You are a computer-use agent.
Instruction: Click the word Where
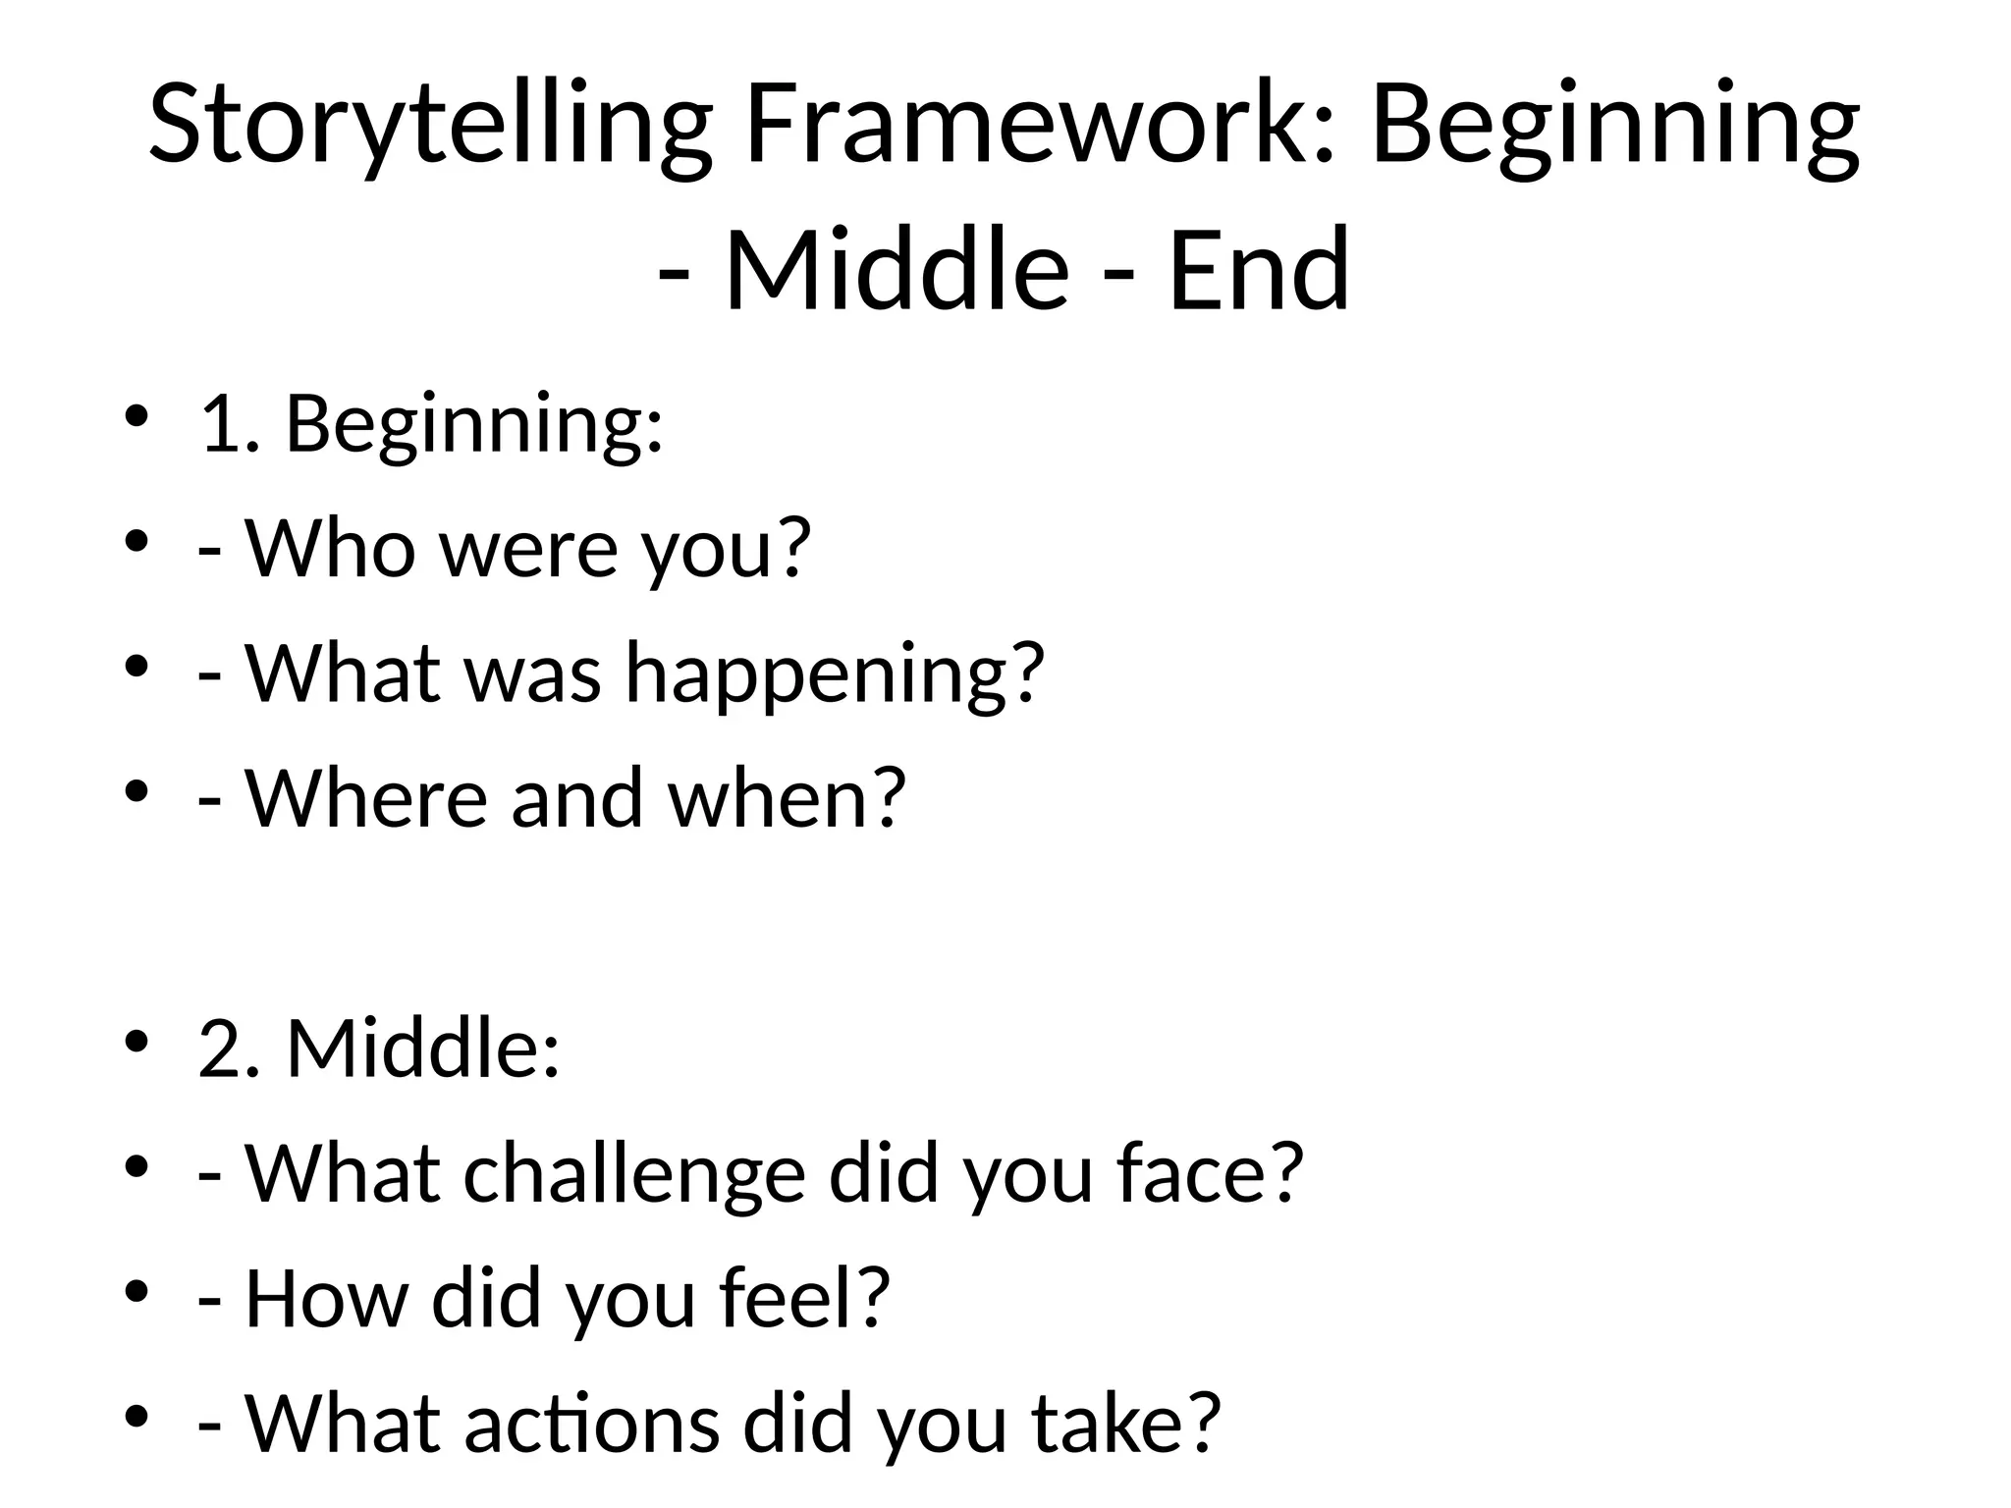click(366, 798)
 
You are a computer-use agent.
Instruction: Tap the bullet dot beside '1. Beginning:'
click(136, 416)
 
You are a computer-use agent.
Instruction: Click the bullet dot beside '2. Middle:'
click(136, 1041)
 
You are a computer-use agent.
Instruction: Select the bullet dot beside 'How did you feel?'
click(136, 1290)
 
